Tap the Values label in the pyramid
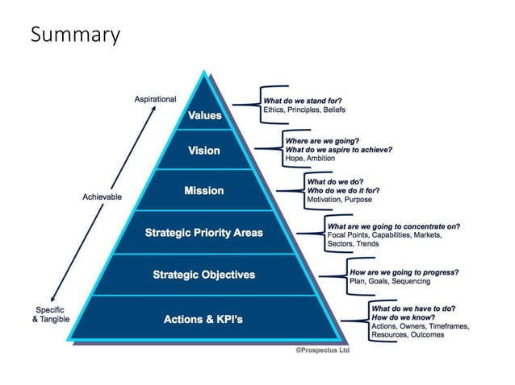(x=204, y=115)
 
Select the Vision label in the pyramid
(x=203, y=151)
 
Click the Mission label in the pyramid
(x=203, y=191)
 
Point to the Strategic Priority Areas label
(x=203, y=234)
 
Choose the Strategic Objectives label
(x=203, y=275)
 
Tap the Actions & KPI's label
(x=203, y=320)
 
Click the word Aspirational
(x=154, y=99)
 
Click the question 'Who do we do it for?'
(x=343, y=191)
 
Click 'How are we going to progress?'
(x=402, y=263)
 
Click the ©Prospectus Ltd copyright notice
(x=322, y=351)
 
